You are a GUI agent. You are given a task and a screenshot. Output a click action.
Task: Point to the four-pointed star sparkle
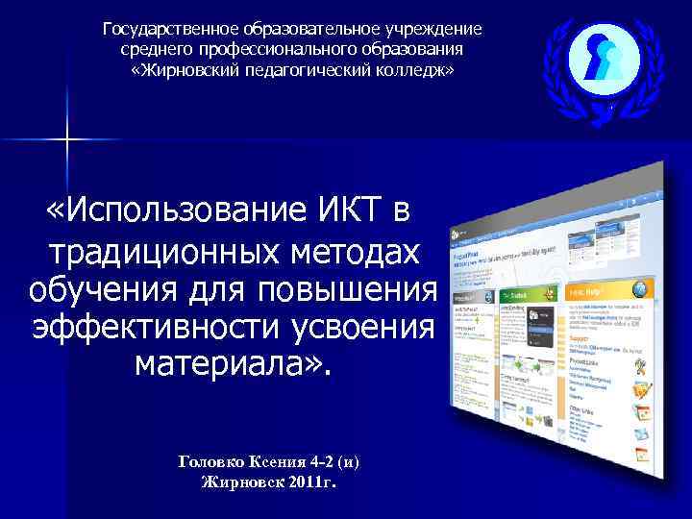point(67,141)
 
